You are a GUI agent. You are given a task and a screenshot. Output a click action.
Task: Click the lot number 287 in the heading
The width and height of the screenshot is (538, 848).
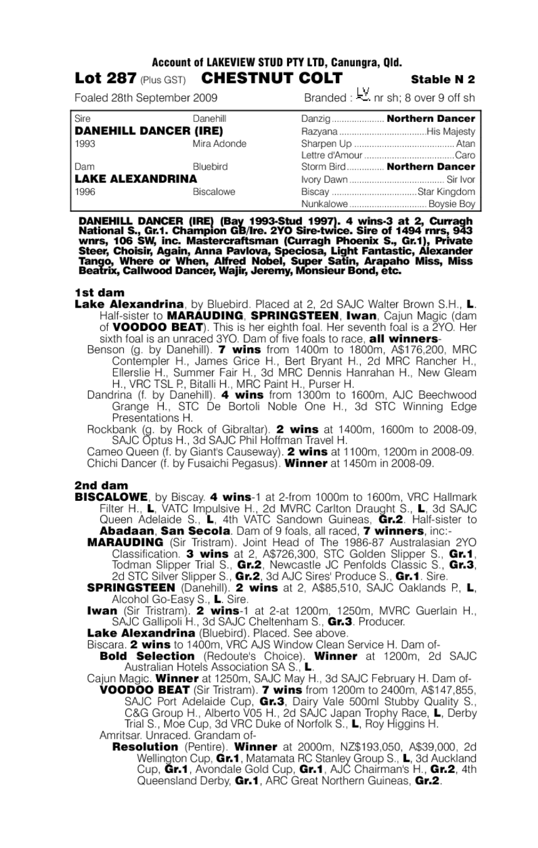pos(123,79)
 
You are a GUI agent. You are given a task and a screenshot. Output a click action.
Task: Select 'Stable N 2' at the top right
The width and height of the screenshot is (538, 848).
pos(443,79)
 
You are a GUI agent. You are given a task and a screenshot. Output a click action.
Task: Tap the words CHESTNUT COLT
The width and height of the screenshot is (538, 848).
pos(272,78)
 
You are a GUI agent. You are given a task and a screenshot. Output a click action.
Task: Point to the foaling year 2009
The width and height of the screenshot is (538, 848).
pos(204,98)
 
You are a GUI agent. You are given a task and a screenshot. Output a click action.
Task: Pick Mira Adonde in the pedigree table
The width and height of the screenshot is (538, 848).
pos(219,143)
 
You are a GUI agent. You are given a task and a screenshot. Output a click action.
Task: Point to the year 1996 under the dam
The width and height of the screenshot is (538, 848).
pos(85,191)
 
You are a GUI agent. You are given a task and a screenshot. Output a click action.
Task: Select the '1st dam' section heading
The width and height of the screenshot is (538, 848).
pos(99,292)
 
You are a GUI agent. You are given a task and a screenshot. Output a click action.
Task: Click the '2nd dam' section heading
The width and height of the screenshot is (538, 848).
pos(101,485)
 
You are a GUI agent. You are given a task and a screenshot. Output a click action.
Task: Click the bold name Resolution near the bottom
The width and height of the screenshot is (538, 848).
pos(145,747)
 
